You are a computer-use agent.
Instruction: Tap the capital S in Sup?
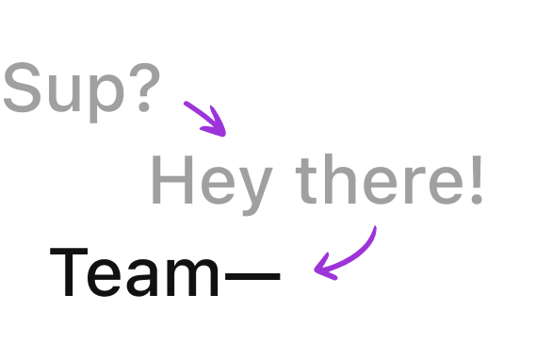tap(24, 90)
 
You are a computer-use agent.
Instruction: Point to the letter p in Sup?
tap(106, 96)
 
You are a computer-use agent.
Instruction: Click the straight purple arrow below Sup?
tap(204, 118)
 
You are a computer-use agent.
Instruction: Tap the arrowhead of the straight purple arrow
tap(219, 127)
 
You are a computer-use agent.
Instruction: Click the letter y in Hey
tap(253, 190)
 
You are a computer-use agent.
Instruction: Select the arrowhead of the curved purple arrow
tap(323, 267)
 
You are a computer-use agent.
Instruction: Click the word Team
tap(136, 272)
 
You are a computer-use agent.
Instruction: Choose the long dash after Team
tap(252, 277)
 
